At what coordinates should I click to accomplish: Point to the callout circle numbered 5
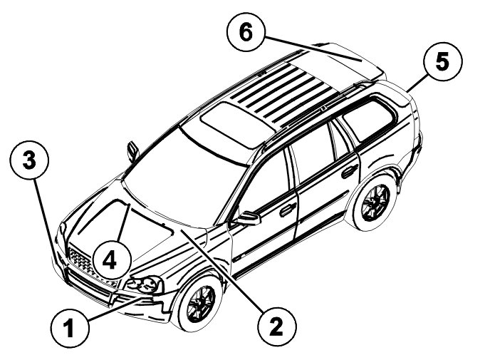click(442, 63)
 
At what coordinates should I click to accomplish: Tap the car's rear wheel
click(373, 203)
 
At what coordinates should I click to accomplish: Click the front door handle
click(288, 210)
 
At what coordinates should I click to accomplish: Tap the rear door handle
click(349, 171)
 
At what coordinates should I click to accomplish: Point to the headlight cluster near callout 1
click(145, 285)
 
